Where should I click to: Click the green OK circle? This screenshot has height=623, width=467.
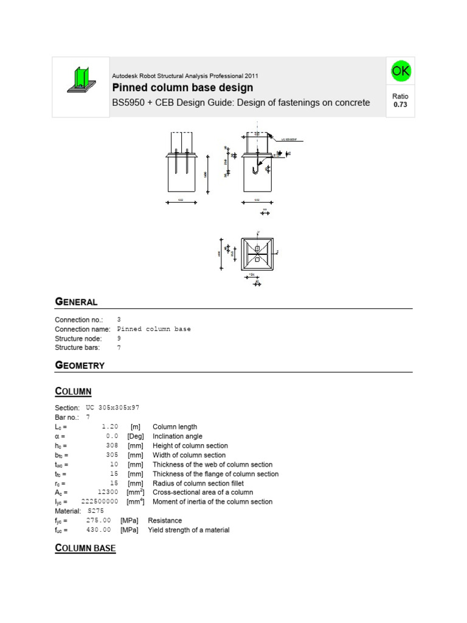click(x=401, y=71)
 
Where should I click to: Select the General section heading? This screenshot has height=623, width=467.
click(x=76, y=302)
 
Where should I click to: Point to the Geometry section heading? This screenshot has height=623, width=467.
click(x=80, y=366)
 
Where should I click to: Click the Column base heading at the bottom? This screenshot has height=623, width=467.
click(x=85, y=549)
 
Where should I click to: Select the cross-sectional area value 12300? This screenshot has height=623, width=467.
click(x=106, y=492)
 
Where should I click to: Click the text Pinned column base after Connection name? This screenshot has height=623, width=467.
click(x=154, y=329)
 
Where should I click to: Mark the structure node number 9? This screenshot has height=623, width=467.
click(x=119, y=338)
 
